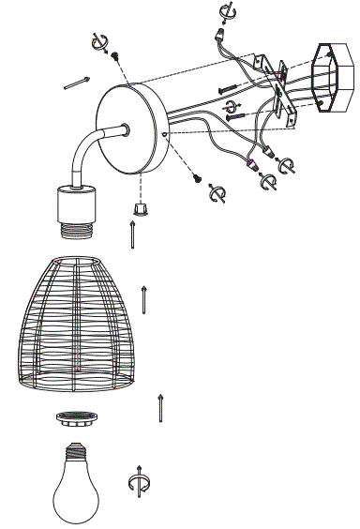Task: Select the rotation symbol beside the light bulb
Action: (138, 480)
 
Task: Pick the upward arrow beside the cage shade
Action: (143, 297)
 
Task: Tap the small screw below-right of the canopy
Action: (198, 177)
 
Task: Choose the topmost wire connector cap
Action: (222, 40)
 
